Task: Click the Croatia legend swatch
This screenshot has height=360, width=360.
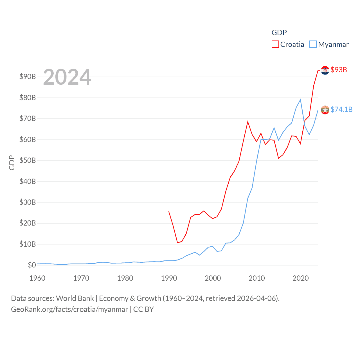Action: (275, 44)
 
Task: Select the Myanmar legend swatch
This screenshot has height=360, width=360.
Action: (313, 44)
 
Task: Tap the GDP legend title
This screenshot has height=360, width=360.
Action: (279, 33)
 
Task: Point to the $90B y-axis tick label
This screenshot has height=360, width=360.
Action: (28, 76)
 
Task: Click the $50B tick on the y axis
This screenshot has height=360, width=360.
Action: (28, 160)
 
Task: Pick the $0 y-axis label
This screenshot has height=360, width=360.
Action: (32, 265)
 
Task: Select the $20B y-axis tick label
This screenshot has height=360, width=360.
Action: (28, 223)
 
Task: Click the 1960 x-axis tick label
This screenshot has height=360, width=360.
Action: (37, 278)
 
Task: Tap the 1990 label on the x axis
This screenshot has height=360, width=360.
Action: (169, 278)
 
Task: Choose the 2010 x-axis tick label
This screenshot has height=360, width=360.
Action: (256, 278)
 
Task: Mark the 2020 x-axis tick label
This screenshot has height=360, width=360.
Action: (300, 278)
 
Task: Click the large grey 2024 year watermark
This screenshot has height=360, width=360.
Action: (67, 77)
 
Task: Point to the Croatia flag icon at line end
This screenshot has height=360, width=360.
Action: (325, 70)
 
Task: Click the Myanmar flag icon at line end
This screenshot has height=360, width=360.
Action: (325, 110)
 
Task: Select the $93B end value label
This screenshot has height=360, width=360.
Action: (339, 70)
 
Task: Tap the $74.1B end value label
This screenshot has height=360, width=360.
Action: (341, 109)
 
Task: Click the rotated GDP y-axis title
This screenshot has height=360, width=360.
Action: (12, 163)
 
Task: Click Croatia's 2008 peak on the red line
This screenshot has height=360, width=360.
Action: (248, 121)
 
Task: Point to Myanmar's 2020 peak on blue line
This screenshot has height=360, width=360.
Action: (300, 100)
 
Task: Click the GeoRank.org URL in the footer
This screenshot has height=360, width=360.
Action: (69, 309)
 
